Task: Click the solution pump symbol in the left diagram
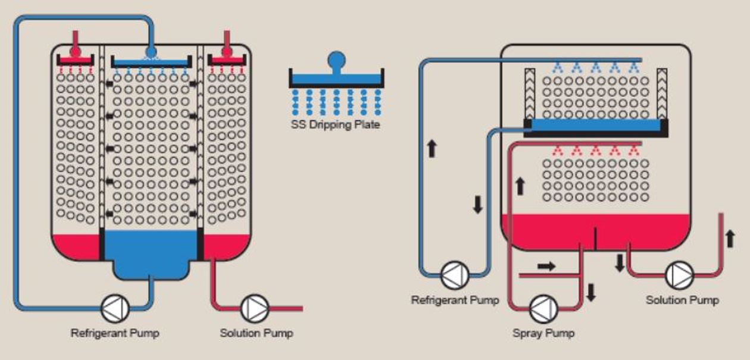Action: pyautogui.click(x=255, y=308)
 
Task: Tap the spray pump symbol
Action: pyautogui.click(x=544, y=308)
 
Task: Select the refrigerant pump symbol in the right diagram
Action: pyautogui.click(x=455, y=276)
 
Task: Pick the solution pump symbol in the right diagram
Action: pyautogui.click(x=679, y=275)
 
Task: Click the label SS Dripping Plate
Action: pyautogui.click(x=335, y=125)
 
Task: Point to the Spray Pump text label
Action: pyautogui.click(x=543, y=333)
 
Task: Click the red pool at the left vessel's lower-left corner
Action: pyautogui.click(x=74, y=245)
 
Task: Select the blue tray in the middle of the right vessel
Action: pyautogui.click(x=595, y=125)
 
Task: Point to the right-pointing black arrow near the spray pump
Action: pyautogui.click(x=546, y=265)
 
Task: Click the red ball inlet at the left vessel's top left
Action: pyautogui.click(x=75, y=52)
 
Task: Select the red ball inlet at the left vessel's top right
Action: pyautogui.click(x=226, y=52)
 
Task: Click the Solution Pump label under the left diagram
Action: pyautogui.click(x=256, y=333)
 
